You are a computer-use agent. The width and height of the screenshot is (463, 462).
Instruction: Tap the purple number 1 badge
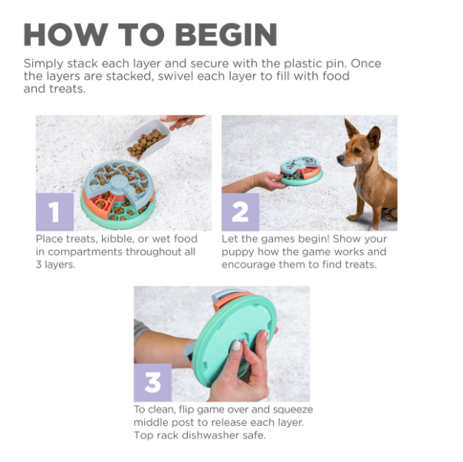coord(54,212)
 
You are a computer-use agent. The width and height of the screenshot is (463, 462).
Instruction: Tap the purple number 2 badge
coord(240,212)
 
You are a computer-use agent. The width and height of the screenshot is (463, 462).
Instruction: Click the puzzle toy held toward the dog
coord(300,171)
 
